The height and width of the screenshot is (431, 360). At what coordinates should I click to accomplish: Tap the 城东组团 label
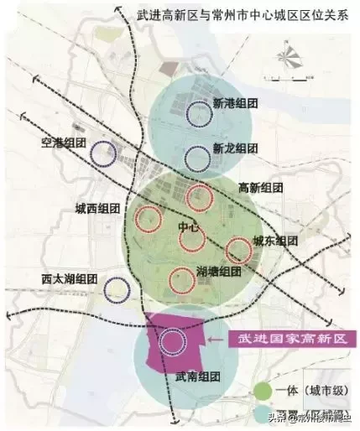pyautogui.click(x=276, y=241)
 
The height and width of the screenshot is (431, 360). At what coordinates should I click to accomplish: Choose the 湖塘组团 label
pyautogui.click(x=219, y=271)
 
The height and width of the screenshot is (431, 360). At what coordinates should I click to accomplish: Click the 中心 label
pyautogui.click(x=189, y=227)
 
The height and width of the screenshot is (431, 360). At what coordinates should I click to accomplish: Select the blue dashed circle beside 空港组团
pyautogui.click(x=103, y=153)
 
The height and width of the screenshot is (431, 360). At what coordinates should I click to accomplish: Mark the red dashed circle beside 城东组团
pyautogui.click(x=239, y=249)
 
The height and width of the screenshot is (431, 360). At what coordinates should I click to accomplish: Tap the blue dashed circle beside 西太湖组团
pyautogui.click(x=116, y=290)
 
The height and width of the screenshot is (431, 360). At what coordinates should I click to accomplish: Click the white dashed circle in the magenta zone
pyautogui.click(x=175, y=340)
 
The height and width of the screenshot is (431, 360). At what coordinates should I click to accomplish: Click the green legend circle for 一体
pyautogui.click(x=263, y=390)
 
